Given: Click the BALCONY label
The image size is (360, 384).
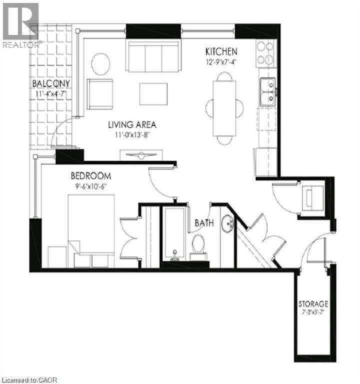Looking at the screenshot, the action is (x=51, y=83).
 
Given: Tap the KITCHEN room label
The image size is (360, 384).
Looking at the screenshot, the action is (x=221, y=51).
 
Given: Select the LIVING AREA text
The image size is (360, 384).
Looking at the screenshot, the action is (x=132, y=124).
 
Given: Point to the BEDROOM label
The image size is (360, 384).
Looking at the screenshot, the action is (x=91, y=176).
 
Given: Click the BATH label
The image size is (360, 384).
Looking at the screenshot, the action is (x=204, y=223).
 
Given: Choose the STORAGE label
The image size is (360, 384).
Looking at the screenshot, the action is (x=313, y=304).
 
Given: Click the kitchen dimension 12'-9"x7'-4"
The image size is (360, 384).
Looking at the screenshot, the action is (x=221, y=62).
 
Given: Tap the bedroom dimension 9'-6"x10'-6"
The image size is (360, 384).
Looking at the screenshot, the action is (x=91, y=186).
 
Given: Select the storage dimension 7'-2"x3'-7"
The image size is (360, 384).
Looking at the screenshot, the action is (x=313, y=312).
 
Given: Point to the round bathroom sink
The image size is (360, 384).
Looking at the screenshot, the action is (x=228, y=223).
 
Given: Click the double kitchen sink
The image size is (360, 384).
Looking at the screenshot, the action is (x=267, y=92).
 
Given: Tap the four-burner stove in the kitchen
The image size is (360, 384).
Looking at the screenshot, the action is (x=265, y=53).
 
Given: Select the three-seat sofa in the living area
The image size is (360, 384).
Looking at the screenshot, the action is (x=153, y=56).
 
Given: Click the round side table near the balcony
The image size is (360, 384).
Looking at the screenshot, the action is (x=100, y=64).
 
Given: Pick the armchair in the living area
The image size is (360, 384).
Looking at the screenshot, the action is (x=100, y=94).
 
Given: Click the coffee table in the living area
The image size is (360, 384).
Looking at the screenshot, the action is (x=153, y=94).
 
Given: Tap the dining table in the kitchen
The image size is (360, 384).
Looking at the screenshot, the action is (x=224, y=108).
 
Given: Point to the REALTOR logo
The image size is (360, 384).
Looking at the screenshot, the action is (x=21, y=25).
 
